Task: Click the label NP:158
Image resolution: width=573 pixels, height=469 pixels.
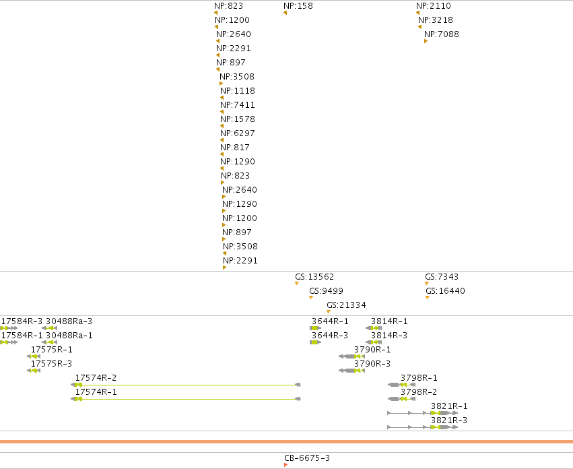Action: [298, 6]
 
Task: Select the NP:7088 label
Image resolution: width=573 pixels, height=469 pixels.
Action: [442, 34]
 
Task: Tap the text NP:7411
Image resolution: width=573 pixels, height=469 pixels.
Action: [238, 105]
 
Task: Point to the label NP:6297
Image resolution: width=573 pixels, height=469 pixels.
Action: [238, 133]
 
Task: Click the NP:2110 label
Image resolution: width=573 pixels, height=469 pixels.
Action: [434, 6]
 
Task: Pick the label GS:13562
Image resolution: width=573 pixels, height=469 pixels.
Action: [314, 277]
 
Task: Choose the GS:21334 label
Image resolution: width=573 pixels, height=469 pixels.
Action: [347, 305]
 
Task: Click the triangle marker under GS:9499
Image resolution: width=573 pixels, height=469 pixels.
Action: [311, 297]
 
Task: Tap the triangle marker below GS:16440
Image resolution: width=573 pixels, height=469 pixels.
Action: [428, 297]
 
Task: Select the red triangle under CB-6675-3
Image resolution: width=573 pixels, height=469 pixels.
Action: [285, 465]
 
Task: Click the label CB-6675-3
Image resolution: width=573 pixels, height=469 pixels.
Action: [307, 458]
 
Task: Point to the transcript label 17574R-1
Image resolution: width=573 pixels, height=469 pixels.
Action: [96, 392]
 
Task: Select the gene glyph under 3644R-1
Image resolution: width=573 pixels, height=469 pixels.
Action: [315, 328]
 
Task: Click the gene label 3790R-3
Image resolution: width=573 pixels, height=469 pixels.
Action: [372, 364]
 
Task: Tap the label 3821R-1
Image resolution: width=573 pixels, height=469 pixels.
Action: [449, 406]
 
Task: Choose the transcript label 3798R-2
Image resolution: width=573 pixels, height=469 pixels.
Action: [419, 392]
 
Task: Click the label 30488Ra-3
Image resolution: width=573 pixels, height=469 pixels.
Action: [69, 321]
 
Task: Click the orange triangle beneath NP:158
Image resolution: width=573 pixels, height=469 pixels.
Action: [285, 13]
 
